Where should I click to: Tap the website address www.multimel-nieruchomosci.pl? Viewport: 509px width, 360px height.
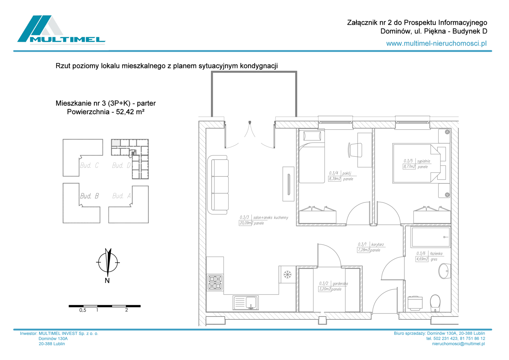click(x=436, y=43)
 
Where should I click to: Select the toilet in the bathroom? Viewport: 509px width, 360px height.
click(x=435, y=303)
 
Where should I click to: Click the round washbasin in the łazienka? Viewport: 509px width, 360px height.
click(x=444, y=271)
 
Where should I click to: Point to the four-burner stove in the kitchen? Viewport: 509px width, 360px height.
click(x=215, y=282)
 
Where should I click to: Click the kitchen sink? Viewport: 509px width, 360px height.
click(x=246, y=303)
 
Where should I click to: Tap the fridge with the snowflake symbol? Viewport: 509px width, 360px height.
click(x=287, y=274)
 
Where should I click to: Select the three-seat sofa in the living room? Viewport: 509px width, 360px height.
click(x=218, y=185)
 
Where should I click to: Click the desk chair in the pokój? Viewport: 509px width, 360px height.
click(x=355, y=150)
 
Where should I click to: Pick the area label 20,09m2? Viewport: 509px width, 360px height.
click(x=246, y=223)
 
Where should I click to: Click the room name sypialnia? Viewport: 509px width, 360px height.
click(x=424, y=161)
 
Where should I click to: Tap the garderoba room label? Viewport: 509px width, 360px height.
click(x=340, y=284)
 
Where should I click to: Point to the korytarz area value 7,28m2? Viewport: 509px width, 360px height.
click(x=363, y=250)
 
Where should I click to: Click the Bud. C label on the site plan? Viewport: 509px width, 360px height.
click(x=89, y=165)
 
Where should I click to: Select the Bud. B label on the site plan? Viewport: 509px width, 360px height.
click(x=89, y=196)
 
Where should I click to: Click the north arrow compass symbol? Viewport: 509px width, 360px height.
click(x=108, y=262)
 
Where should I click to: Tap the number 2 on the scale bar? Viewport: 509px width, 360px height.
click(x=127, y=310)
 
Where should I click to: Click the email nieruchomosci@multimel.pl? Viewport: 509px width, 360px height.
click(x=458, y=344)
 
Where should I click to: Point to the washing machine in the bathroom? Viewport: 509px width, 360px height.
click(x=415, y=303)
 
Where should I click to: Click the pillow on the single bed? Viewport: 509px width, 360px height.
click(x=312, y=136)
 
